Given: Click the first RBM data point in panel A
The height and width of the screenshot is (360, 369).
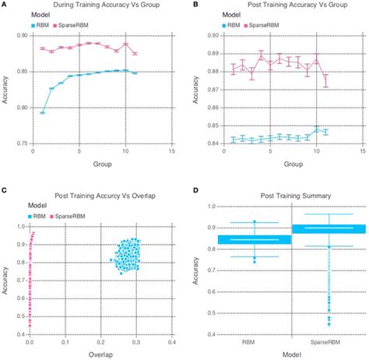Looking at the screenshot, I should click(x=42, y=113).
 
